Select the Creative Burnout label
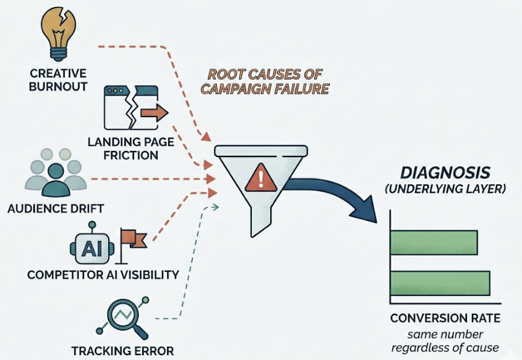(x=58, y=80)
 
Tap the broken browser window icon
(x=131, y=108)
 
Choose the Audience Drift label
(x=56, y=209)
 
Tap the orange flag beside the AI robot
(x=132, y=240)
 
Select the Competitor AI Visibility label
(x=103, y=275)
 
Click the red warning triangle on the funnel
(x=260, y=178)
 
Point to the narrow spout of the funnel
(x=260, y=223)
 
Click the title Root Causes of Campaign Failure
(x=265, y=82)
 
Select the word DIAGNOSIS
(x=445, y=172)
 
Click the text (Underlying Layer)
(x=445, y=190)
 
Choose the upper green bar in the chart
(x=434, y=242)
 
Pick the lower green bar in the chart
(x=440, y=283)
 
